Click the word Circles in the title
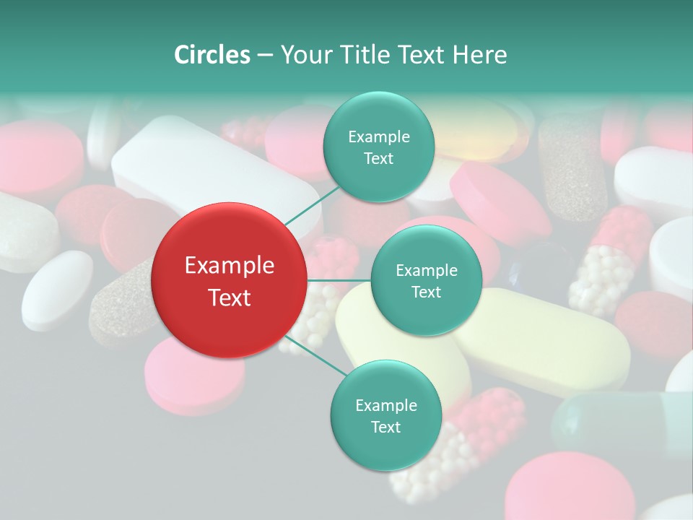(212, 55)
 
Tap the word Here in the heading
(480, 55)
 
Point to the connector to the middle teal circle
(339, 280)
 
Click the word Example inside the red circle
(230, 266)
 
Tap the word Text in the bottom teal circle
(385, 427)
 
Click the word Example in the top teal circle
(378, 136)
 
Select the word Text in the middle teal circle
(426, 292)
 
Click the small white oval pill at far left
(56, 288)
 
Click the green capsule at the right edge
(621, 422)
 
